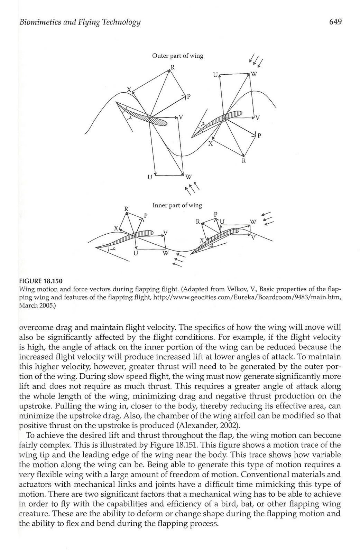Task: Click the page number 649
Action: click(335, 22)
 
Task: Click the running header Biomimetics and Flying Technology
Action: click(80, 23)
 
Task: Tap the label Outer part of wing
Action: click(178, 56)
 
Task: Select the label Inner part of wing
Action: click(177, 205)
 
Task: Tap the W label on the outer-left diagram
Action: click(188, 177)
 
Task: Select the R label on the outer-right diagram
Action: click(243, 161)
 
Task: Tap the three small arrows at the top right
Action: click(256, 61)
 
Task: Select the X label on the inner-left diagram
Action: click(116, 228)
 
